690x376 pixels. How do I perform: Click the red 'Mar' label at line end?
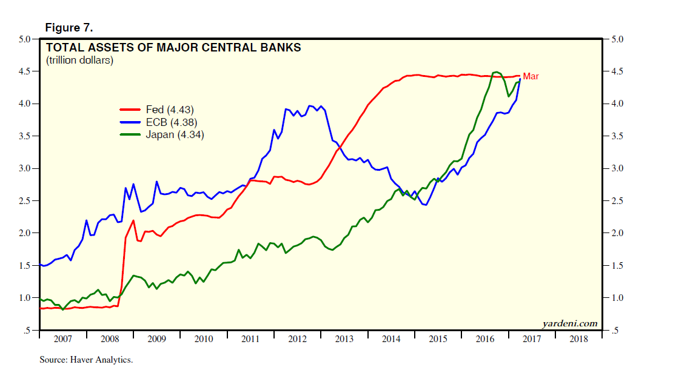(531, 76)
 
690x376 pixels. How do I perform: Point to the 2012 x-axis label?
(298, 339)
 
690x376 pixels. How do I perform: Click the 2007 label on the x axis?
(63, 339)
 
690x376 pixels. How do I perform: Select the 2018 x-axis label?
(579, 339)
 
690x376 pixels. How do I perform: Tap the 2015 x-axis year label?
(438, 339)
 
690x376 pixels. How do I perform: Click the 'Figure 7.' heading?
(69, 28)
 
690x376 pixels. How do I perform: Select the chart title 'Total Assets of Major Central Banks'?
(173, 47)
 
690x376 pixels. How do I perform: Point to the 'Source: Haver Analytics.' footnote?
(86, 360)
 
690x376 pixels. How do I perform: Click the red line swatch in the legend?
(130, 110)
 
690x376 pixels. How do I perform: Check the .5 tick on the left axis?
(27, 331)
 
